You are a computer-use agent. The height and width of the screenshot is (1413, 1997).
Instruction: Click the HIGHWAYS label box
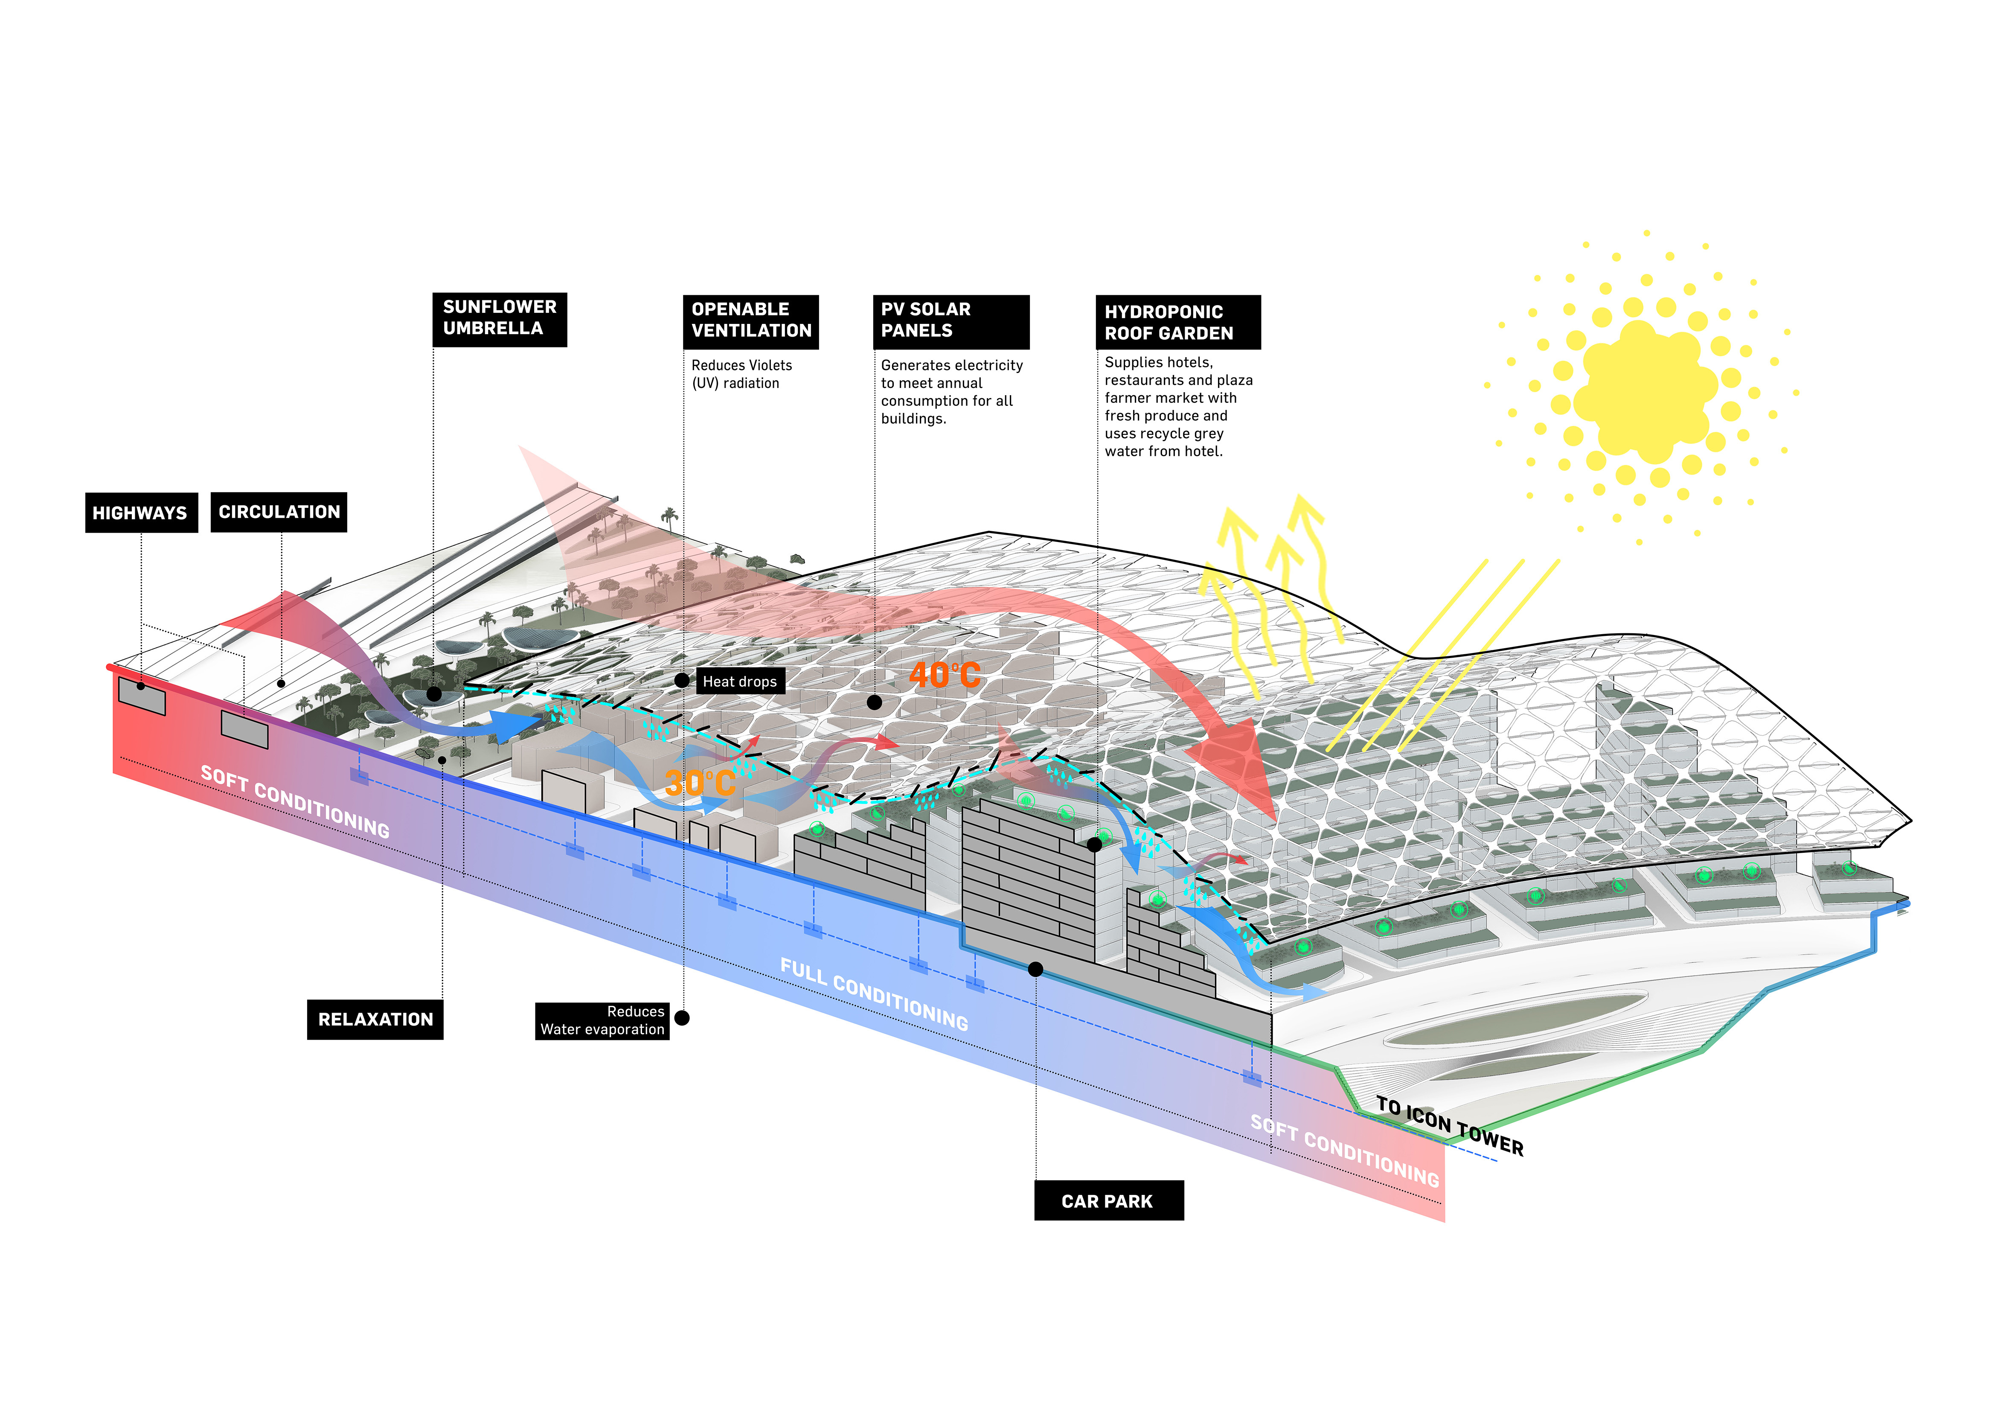point(141,513)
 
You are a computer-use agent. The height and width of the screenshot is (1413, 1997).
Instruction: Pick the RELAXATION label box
point(375,1019)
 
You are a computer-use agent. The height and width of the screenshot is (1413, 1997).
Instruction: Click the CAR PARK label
point(1108,1201)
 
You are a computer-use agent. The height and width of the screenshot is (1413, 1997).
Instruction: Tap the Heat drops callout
point(740,681)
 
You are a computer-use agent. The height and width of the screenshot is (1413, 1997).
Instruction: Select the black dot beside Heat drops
point(682,680)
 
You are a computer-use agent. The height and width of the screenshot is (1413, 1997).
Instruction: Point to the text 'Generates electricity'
point(951,365)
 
